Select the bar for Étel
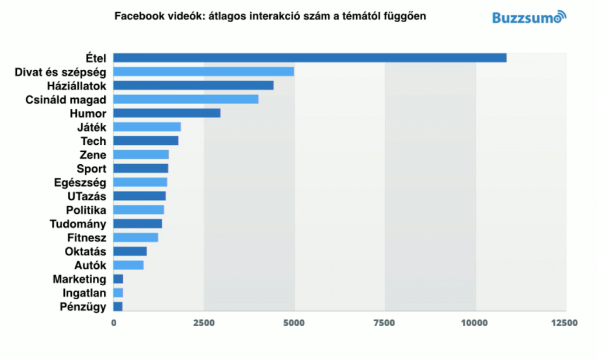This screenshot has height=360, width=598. [310, 58]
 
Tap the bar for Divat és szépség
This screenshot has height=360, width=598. [203, 72]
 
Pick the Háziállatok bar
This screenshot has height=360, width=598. [193, 85]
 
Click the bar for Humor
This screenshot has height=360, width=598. [166, 113]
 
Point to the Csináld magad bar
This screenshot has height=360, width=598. [186, 99]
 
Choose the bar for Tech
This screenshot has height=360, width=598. [145, 141]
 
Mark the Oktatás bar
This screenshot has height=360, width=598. [130, 251]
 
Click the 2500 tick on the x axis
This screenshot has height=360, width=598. [203, 323]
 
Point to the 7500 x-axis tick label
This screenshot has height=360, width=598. [384, 323]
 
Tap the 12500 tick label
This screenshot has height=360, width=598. [565, 323]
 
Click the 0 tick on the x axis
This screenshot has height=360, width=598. [113, 323]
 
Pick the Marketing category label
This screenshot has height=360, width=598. [79, 279]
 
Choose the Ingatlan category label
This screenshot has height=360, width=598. [84, 293]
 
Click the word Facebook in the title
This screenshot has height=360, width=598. [139, 16]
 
